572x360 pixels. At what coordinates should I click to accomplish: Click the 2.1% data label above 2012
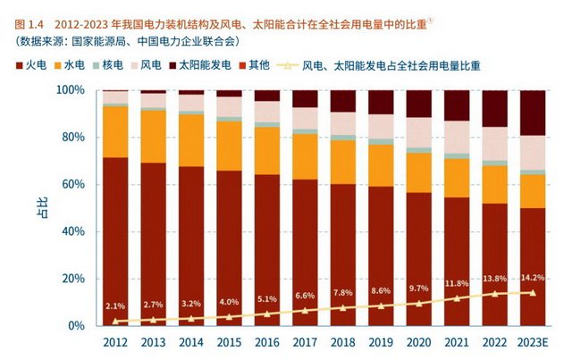[x=114, y=306]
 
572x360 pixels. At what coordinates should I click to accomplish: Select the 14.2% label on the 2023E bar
[x=534, y=277]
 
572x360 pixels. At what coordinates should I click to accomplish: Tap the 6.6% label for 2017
[x=305, y=296]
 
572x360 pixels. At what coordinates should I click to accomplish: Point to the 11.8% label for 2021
[x=458, y=284]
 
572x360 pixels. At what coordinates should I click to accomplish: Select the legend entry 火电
[x=35, y=66]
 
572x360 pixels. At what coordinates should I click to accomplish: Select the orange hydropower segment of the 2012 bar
[x=114, y=132]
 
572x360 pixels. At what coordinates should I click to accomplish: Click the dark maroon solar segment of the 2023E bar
[x=534, y=113]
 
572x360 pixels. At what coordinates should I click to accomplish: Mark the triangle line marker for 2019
[x=382, y=306]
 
